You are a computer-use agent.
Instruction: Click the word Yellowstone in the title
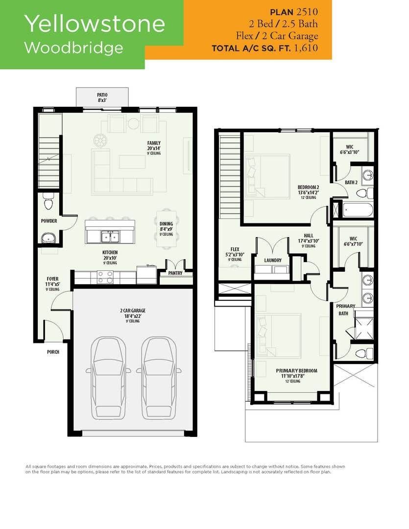tap(95, 24)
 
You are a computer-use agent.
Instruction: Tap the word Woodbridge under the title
tap(73, 48)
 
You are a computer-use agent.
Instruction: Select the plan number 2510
tap(307, 12)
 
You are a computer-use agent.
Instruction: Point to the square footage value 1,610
tap(306, 48)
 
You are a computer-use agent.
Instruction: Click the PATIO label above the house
tap(102, 96)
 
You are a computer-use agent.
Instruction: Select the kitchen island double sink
tap(110, 237)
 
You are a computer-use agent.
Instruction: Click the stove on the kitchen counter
tap(105, 277)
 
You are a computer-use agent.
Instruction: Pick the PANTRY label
tap(175, 273)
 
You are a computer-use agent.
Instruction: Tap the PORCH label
tap(53, 352)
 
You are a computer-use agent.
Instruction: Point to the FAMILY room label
tap(154, 143)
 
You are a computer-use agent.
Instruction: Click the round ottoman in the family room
tap(100, 141)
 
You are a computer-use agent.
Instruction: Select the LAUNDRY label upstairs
tap(273, 261)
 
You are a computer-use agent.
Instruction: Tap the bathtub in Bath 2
tap(358, 210)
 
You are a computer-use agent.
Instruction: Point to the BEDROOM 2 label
tap(308, 187)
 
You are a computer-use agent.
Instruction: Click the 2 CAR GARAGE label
tap(133, 311)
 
